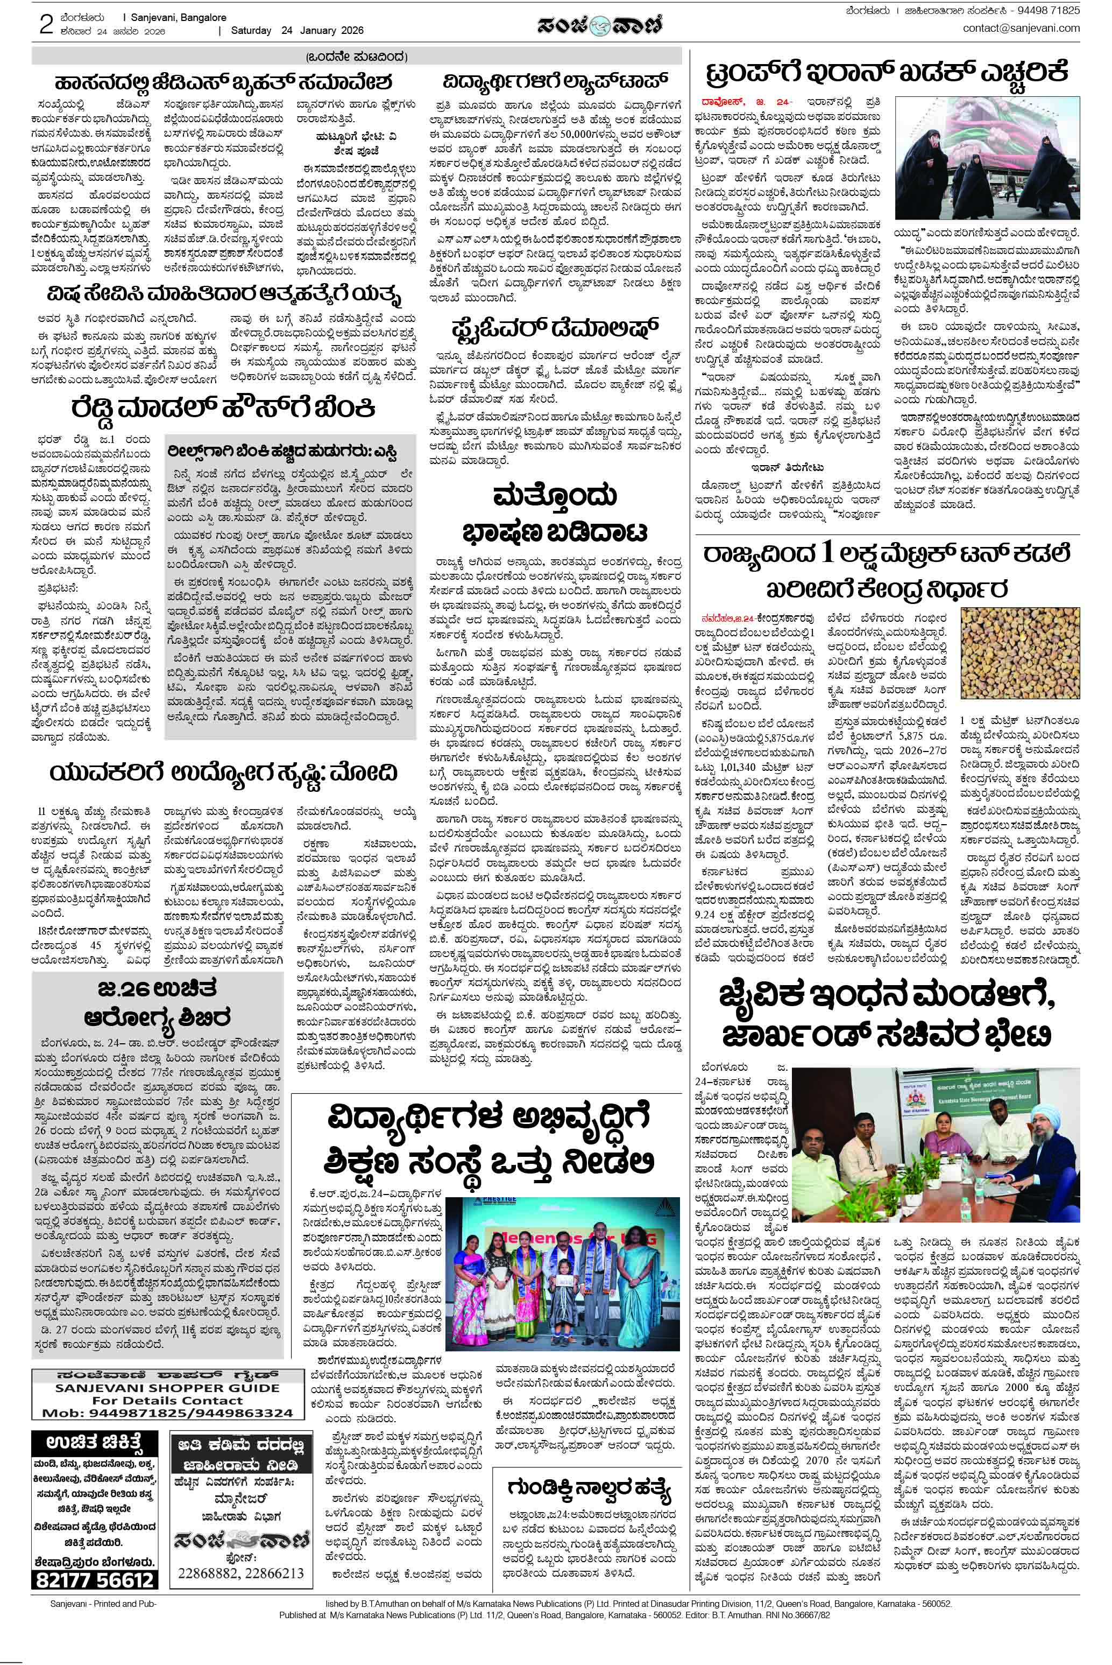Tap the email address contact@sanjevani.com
[1021, 29]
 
